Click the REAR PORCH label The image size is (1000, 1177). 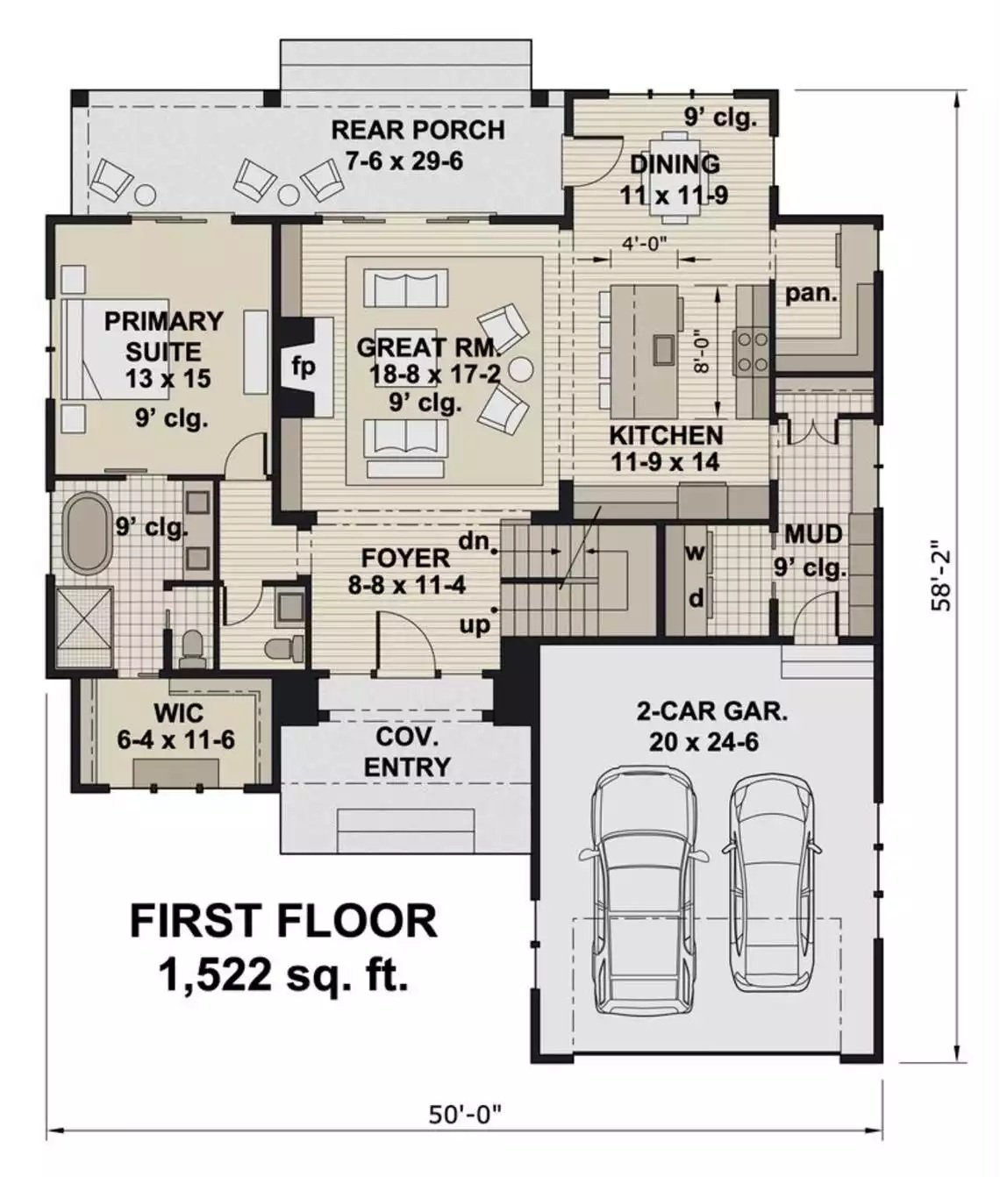418,131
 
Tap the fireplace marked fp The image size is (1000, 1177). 304,367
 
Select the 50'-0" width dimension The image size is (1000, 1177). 465,1115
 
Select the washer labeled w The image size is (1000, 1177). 695,553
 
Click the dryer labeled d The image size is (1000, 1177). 695,599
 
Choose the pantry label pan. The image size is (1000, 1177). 811,294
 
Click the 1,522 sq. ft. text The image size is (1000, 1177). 283,974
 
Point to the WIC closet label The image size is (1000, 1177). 178,711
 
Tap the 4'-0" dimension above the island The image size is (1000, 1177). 645,243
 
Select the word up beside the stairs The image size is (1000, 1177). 475,624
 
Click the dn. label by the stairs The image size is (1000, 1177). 475,541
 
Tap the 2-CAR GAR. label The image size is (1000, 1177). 711,710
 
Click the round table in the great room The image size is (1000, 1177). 520,368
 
